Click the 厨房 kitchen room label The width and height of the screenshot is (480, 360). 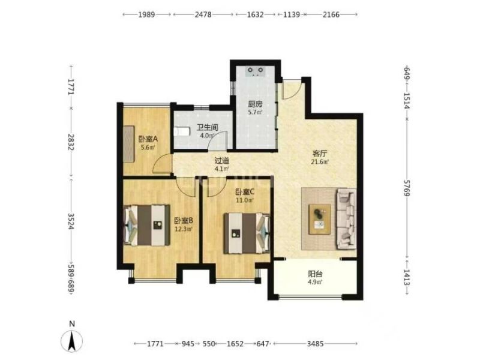coord(255,104)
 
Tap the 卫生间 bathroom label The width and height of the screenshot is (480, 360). coord(207,127)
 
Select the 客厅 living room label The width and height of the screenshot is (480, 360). coord(320,154)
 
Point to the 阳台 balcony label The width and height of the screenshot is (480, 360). coord(315,274)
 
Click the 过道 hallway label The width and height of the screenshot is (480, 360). coord(221,161)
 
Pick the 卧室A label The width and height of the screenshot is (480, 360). coord(148,139)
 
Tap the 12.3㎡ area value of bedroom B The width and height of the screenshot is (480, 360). coord(184,229)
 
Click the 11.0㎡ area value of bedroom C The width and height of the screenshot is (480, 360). coord(245,200)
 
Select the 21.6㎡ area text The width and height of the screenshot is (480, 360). coord(320,162)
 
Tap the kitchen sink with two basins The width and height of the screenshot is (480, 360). coord(256,71)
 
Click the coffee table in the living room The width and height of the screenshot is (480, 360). coord(320,220)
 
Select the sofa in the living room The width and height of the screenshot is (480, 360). coord(347,219)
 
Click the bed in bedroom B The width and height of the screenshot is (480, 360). coord(147,226)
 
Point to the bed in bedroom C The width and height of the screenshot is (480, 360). coord(247,233)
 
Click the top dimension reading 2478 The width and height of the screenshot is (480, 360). coord(203,14)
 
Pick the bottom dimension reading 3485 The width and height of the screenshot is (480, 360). coord(316,344)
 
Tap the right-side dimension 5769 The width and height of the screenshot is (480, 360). coord(407,188)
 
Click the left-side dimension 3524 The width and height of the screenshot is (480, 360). coord(71,221)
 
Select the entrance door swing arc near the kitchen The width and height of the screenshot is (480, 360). coord(292,91)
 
